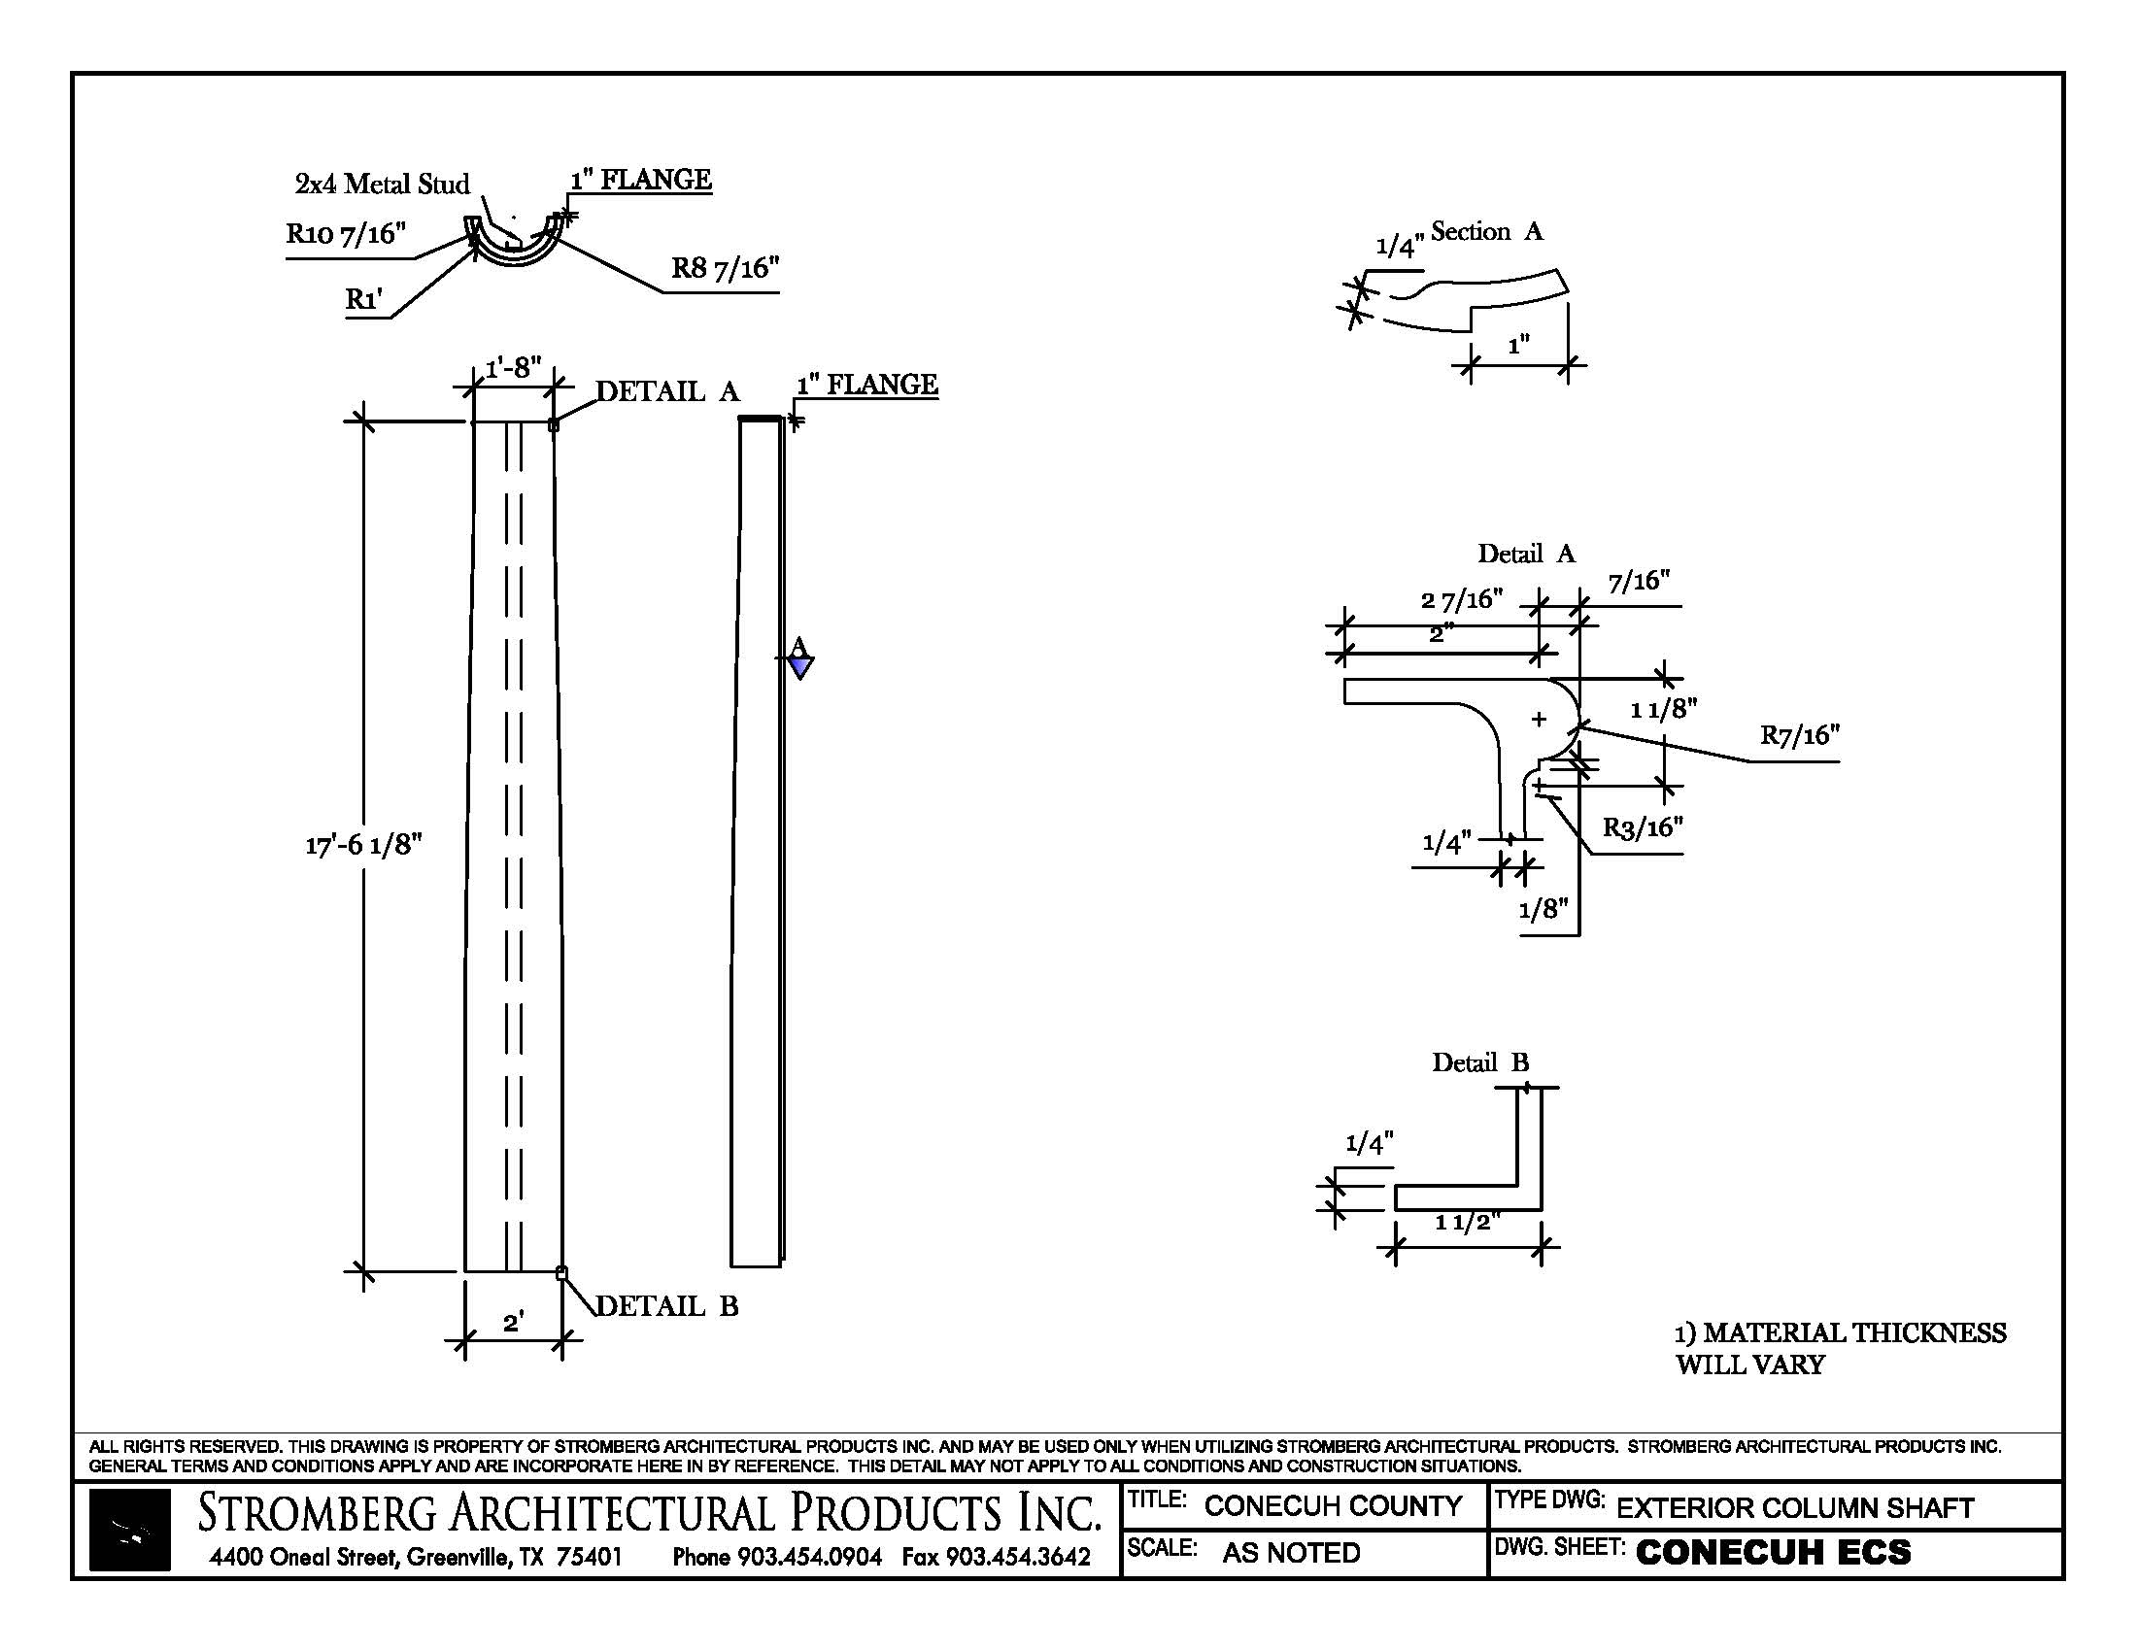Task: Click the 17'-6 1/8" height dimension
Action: (x=363, y=844)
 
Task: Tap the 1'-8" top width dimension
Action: (x=513, y=368)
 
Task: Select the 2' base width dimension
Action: (x=513, y=1323)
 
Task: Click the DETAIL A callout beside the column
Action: (x=667, y=391)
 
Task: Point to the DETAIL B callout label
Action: (x=666, y=1305)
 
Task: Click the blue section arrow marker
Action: (x=800, y=666)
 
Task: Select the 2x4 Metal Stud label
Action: (x=382, y=184)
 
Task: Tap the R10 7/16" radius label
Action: (x=346, y=234)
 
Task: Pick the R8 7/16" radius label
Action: (x=725, y=268)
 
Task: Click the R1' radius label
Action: (x=363, y=298)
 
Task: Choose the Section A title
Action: (x=1486, y=232)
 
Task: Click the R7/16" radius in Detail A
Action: (x=1799, y=735)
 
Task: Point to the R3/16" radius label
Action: (x=1642, y=827)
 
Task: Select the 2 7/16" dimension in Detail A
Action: (x=1461, y=598)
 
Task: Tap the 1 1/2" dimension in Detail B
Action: (x=1467, y=1223)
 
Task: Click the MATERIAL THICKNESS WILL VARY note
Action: (x=1840, y=1348)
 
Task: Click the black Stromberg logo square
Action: (x=129, y=1530)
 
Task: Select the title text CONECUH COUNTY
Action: (x=1333, y=1506)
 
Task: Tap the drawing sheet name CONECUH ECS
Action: (x=1772, y=1552)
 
